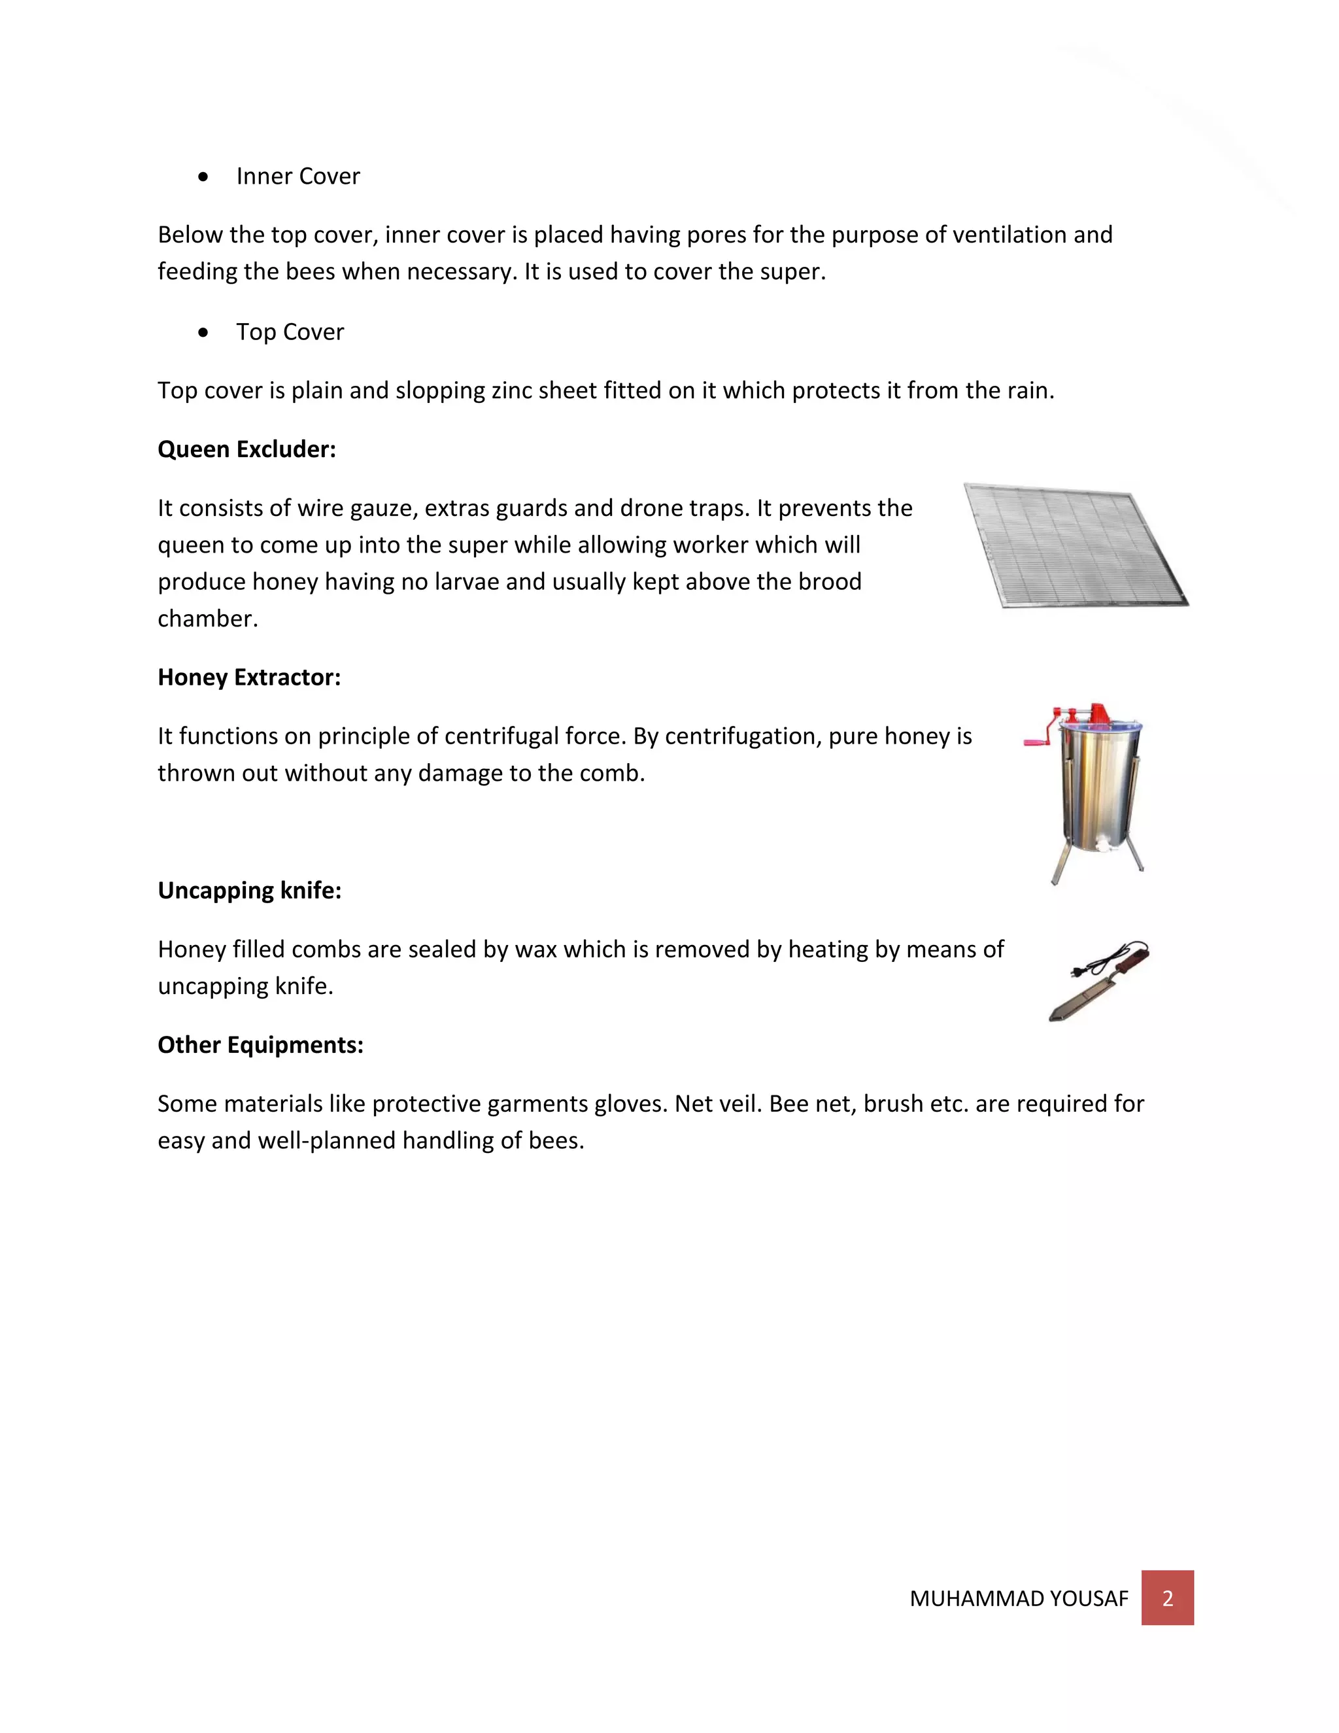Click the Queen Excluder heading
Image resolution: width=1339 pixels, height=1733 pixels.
coord(246,449)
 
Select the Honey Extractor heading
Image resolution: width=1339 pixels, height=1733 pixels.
coord(249,677)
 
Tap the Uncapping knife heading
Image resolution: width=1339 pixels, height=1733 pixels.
coord(249,890)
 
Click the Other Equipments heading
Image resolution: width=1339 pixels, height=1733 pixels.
coord(260,1044)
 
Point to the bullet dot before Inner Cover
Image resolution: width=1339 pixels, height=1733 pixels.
coord(204,177)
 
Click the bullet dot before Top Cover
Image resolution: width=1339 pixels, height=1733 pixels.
coord(204,332)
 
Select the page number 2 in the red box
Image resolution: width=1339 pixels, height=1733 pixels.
coord(1167,1598)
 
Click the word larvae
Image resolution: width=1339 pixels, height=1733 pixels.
coord(466,581)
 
